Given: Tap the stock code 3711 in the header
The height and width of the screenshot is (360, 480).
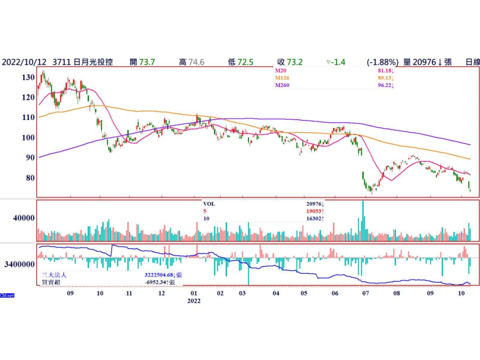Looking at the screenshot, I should [61, 62].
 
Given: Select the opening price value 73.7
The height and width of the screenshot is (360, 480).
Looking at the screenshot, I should [146, 62].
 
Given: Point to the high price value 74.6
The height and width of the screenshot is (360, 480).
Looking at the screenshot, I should [198, 62].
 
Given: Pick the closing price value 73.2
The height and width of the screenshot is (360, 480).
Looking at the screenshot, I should [294, 62].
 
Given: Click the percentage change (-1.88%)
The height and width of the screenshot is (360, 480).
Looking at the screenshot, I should [383, 62].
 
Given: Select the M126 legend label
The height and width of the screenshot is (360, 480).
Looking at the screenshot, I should [282, 78].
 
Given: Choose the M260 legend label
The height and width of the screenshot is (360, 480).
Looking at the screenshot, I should [282, 85].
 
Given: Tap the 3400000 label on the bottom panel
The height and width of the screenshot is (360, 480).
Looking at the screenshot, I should [20, 264].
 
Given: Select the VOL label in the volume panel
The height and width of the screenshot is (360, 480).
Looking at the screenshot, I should [210, 204].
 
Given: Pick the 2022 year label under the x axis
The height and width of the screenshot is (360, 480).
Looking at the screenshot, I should [194, 301].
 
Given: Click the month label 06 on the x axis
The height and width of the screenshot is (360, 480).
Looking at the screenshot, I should [334, 293].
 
